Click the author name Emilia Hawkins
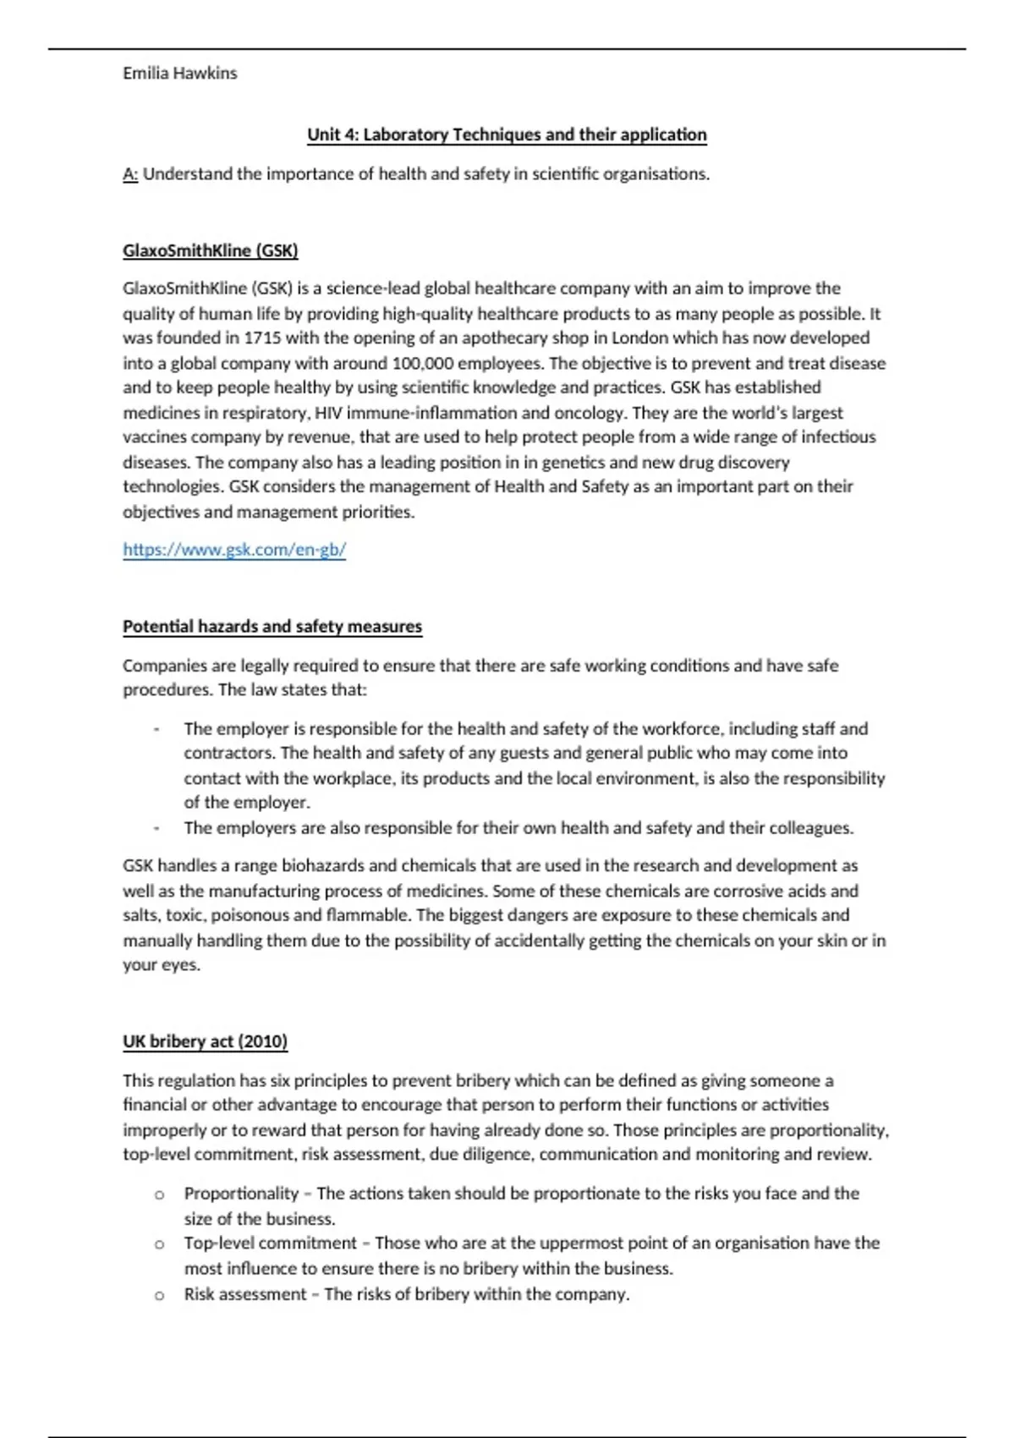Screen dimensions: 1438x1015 pos(179,74)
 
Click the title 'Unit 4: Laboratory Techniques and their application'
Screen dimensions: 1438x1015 pos(507,134)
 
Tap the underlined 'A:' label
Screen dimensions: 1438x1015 pos(130,174)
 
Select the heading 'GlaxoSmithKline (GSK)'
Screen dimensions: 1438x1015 pos(211,250)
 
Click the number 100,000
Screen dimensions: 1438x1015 pos(422,364)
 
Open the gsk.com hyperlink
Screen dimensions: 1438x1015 pos(234,550)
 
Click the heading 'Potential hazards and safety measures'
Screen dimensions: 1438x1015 pos(272,627)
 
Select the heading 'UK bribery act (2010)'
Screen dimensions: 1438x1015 pos(206,1041)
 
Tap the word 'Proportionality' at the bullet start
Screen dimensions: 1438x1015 pos(241,1194)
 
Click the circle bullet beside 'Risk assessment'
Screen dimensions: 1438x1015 pos(159,1295)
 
